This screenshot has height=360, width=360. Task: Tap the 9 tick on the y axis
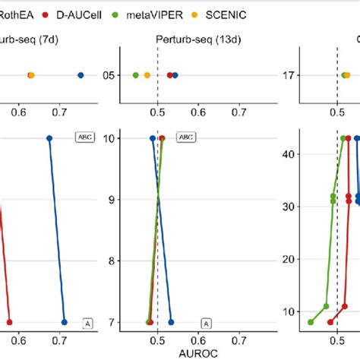(113, 200)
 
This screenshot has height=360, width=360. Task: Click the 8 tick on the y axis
(113, 261)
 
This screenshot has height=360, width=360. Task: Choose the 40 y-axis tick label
(289, 153)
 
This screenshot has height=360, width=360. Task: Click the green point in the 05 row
(136, 75)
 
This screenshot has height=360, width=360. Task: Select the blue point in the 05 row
(175, 75)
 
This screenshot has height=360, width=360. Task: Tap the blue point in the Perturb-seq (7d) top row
(81, 75)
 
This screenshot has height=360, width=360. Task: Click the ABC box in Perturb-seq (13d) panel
(185, 137)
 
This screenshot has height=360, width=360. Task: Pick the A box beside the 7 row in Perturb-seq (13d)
(206, 324)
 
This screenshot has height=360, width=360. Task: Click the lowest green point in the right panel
(311, 322)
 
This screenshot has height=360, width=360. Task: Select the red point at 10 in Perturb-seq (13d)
(162, 138)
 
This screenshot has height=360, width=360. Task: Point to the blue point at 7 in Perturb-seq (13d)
(171, 322)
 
